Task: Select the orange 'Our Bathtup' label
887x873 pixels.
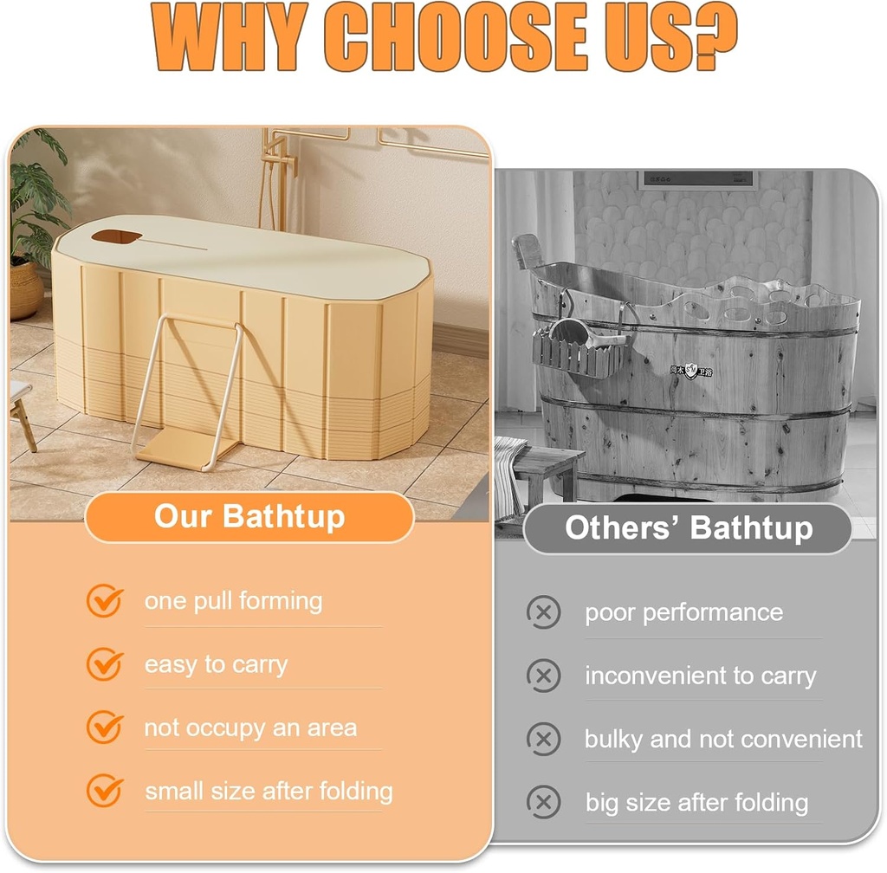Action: [x=249, y=517]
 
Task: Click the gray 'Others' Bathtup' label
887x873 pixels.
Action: [x=689, y=528]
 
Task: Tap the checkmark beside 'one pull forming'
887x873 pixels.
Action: [x=105, y=600]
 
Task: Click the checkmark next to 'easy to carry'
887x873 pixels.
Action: [x=105, y=664]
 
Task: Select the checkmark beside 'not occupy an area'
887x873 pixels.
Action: [x=105, y=727]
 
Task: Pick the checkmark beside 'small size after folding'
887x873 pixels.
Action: [x=105, y=790]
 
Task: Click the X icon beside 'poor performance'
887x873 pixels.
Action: [x=543, y=612]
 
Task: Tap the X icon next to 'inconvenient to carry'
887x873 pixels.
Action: [x=543, y=676]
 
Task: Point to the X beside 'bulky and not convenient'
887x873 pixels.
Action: [x=543, y=739]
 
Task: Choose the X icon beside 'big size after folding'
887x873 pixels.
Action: [x=543, y=802]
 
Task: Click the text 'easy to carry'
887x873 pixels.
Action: [x=216, y=664]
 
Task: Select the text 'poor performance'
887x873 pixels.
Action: [x=683, y=612]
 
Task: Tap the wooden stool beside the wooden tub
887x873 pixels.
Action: [x=547, y=472]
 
